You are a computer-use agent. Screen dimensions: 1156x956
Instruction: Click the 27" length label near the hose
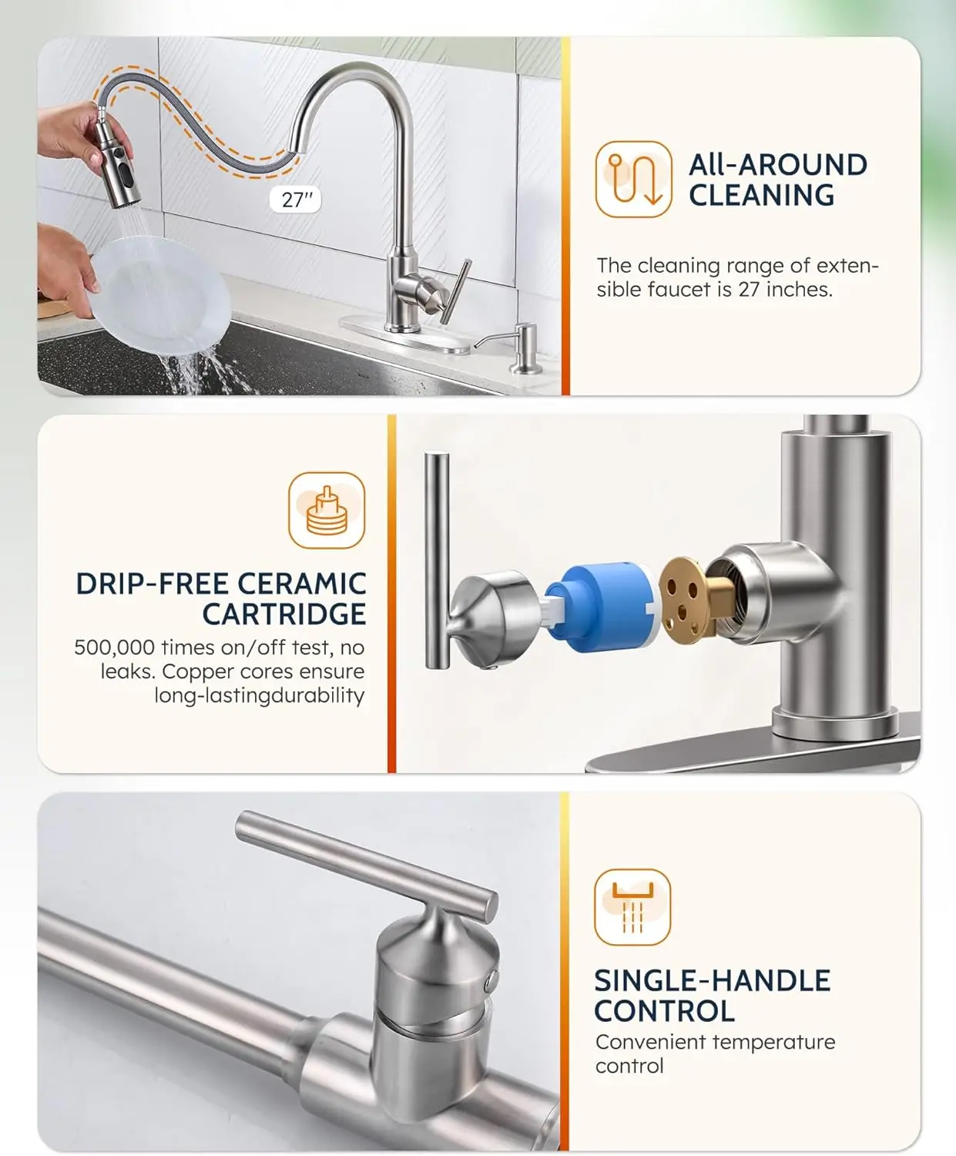[296, 200]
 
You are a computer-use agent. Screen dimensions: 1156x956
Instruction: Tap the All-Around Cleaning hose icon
[633, 179]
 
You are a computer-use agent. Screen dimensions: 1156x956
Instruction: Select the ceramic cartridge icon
[327, 510]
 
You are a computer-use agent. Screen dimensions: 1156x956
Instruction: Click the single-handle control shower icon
[632, 907]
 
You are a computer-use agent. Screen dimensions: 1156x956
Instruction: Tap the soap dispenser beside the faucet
[525, 349]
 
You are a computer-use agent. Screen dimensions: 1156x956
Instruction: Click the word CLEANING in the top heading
[761, 196]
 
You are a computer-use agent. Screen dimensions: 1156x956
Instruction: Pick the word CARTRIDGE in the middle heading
[284, 614]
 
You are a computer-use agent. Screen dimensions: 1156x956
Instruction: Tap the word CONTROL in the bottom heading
[664, 1010]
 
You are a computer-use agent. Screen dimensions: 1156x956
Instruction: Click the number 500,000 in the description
[114, 647]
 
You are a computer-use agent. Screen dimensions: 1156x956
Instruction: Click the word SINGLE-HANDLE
[712, 980]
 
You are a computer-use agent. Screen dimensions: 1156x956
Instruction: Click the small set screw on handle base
[491, 980]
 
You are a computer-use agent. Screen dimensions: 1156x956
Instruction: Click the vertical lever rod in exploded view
[437, 559]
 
